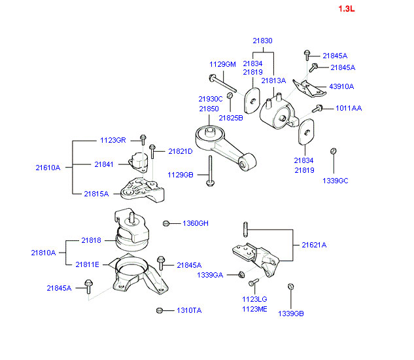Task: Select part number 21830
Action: click(262, 41)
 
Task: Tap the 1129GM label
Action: click(222, 64)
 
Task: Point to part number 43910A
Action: click(341, 86)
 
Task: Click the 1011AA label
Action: click(349, 108)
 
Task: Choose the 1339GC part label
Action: click(335, 181)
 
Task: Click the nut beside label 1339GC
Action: click(334, 152)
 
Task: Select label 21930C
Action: click(211, 99)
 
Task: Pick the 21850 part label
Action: click(209, 109)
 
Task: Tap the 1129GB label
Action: click(180, 175)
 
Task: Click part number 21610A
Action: click(48, 168)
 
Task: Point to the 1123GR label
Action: click(112, 140)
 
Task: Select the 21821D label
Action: click(181, 151)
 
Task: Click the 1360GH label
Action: click(195, 224)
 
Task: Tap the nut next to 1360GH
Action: click(167, 224)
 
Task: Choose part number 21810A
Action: click(43, 252)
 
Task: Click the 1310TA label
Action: click(188, 310)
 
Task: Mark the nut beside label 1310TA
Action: click(160, 310)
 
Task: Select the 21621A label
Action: click(314, 245)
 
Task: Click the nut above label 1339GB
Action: click(291, 287)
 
